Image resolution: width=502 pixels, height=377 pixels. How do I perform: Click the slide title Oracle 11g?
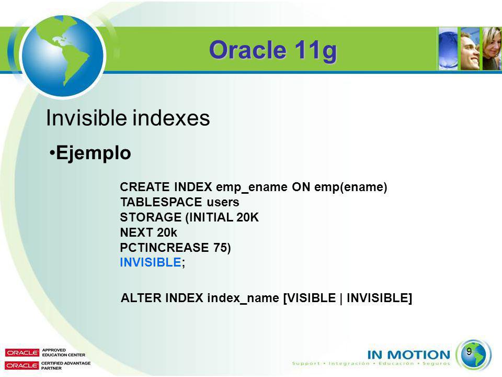coord(273,50)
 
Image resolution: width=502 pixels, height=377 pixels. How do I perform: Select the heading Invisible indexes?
coord(128,118)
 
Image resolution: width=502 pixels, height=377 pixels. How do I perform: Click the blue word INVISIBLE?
coord(151,262)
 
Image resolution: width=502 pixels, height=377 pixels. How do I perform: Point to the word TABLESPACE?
coord(161,202)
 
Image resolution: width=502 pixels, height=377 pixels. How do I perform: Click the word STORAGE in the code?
coord(151,217)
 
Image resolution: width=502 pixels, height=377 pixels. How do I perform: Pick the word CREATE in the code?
coord(145,186)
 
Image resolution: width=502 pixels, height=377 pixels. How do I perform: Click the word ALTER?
coord(141,298)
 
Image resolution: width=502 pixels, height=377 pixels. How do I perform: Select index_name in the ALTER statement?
coord(243,298)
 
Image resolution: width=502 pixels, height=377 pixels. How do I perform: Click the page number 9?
coord(469,351)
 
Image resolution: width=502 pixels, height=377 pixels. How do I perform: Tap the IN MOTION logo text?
coord(408,354)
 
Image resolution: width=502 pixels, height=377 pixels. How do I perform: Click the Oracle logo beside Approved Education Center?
coord(22,352)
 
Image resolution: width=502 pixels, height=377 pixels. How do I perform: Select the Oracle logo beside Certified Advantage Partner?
coord(22,365)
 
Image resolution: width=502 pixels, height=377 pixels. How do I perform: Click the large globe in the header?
coord(62,56)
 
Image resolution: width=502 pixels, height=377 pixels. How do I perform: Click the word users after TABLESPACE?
coord(223,202)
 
